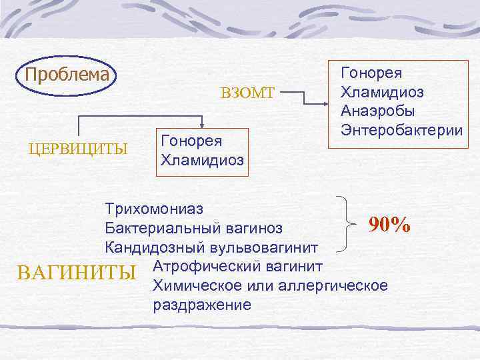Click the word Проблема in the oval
point(67,73)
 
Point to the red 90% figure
point(390,225)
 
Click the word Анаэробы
point(377,109)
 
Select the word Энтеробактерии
point(401,129)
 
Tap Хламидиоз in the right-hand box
point(382,91)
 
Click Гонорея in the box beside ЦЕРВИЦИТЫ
point(191,141)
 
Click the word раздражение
point(202,305)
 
